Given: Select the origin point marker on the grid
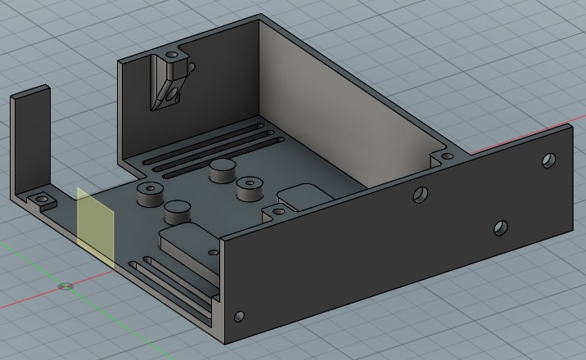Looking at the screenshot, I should click(x=66, y=286).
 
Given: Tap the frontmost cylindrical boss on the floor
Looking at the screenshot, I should click(x=178, y=213).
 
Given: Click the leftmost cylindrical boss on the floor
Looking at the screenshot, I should click(x=149, y=192).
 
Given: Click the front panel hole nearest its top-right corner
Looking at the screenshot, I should click(x=548, y=160).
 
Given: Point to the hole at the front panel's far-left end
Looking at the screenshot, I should click(x=239, y=316).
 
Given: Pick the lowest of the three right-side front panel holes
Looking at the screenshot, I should click(x=501, y=227).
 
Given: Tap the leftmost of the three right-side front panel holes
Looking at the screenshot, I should click(x=420, y=195).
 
